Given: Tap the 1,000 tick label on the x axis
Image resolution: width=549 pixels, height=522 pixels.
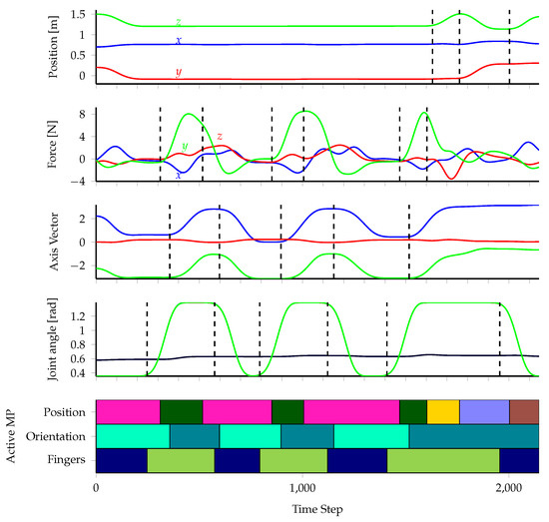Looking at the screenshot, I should pyautogui.click(x=302, y=488).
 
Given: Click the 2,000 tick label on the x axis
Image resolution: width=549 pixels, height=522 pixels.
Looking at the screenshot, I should pyautogui.click(x=509, y=488).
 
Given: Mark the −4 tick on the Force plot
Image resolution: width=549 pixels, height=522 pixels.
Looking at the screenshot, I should pyautogui.click(x=78, y=182).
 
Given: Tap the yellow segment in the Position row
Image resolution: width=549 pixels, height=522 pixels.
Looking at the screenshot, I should pyautogui.click(x=443, y=411).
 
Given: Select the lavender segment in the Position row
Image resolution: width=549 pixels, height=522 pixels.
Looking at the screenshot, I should pyautogui.click(x=484, y=411).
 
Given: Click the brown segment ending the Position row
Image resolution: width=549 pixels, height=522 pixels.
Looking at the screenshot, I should pyautogui.click(x=524, y=411).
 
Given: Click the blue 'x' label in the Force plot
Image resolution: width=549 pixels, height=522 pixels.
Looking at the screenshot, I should pyautogui.click(x=178, y=175).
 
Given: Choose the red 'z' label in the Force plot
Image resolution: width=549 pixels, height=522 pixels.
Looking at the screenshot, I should pyautogui.click(x=219, y=136).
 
